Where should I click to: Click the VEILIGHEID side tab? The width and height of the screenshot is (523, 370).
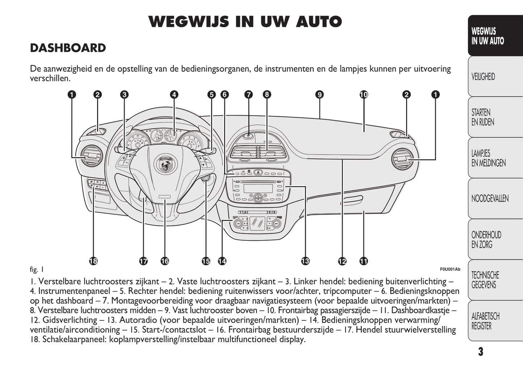point(483,77)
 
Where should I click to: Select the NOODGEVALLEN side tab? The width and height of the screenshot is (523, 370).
point(490,198)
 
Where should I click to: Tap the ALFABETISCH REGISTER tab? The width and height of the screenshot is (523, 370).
point(485,321)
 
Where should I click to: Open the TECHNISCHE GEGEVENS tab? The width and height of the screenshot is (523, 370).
point(485,280)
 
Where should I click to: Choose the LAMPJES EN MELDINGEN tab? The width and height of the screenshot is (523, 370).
point(488,158)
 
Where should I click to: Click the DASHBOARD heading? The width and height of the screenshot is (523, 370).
point(68,48)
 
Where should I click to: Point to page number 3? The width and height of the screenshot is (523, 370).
point(480,352)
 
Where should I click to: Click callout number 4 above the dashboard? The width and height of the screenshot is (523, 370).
point(174,95)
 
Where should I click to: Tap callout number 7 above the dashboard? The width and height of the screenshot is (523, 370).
point(248,95)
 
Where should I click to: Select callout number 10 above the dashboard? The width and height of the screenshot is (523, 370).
point(363,95)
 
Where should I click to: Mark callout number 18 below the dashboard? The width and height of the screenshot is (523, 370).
point(93,261)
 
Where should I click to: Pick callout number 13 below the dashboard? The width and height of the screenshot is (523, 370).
point(305,261)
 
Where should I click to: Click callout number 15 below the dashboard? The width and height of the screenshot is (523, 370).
point(206,261)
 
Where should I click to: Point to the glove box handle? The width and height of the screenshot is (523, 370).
point(351,199)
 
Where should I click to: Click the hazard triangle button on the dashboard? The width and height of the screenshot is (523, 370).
point(258,173)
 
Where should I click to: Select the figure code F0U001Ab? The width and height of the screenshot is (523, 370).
point(450,269)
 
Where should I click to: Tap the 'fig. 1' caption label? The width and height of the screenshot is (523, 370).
point(37,270)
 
